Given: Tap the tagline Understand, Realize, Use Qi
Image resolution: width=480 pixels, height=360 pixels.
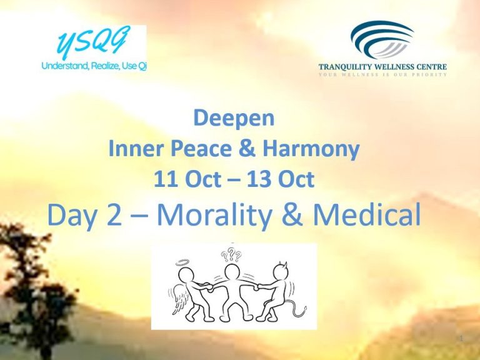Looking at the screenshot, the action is (94, 66).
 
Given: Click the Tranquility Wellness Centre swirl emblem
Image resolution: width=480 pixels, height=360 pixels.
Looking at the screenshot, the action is (382, 39).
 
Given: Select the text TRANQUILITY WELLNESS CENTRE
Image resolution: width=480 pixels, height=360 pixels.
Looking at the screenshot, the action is (382, 67).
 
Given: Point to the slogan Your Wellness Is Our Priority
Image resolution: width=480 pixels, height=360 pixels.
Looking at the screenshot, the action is (382, 74).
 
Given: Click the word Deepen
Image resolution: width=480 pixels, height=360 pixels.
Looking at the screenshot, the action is (234, 119).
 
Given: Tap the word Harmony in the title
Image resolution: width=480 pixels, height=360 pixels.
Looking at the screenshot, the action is (311, 149).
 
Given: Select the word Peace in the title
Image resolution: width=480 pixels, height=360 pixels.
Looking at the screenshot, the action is (201, 149).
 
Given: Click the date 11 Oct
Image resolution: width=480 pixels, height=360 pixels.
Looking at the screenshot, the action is (187, 179).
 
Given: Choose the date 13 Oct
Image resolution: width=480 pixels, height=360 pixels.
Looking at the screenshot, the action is (281, 179).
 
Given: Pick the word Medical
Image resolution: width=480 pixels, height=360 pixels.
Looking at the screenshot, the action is (366, 214).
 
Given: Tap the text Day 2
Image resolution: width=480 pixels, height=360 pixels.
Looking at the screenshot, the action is (84, 215).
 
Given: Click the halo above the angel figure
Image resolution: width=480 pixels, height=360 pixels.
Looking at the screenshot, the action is (182, 262).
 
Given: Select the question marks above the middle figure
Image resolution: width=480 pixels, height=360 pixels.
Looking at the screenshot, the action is (231, 255).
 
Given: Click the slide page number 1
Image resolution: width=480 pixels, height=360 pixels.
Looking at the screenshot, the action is (462, 339).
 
